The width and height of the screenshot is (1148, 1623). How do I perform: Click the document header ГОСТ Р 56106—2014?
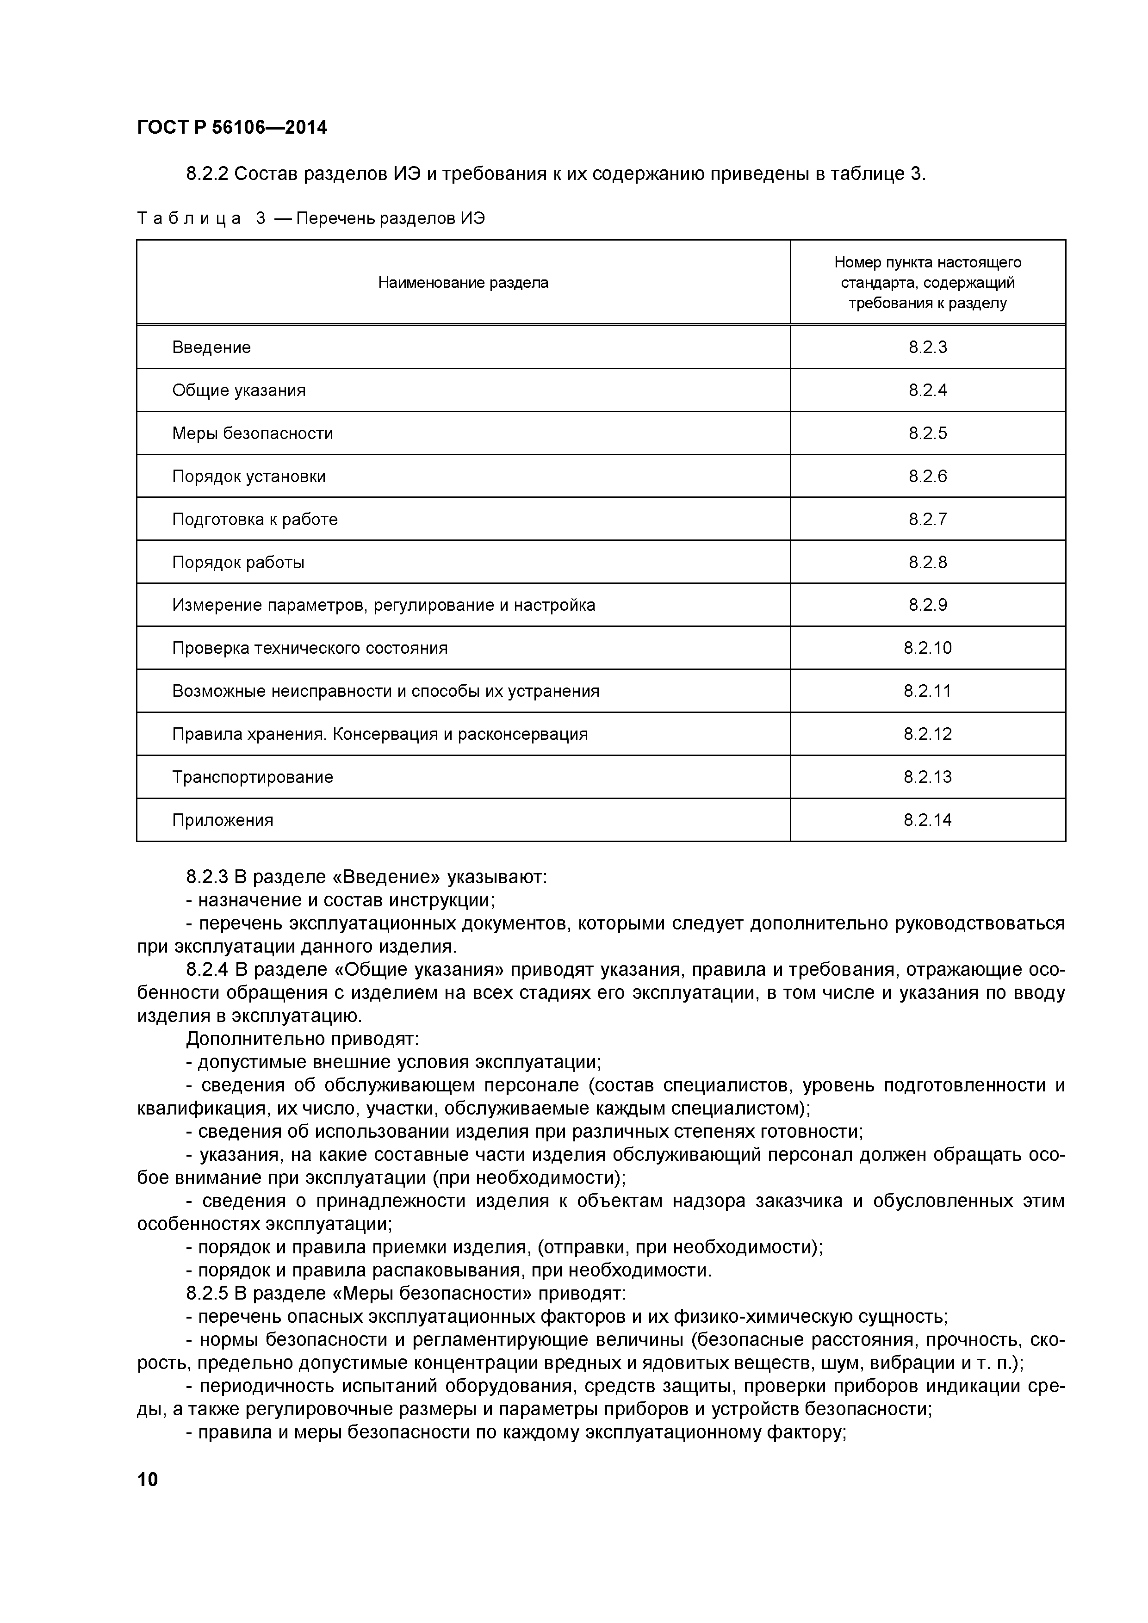click(x=232, y=128)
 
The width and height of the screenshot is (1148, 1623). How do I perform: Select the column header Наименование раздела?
click(x=463, y=283)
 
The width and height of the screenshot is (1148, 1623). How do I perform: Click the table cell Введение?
click(x=211, y=347)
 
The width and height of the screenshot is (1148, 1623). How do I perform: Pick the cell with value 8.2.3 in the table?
click(x=927, y=347)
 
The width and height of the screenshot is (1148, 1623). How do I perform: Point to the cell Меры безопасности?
click(x=252, y=434)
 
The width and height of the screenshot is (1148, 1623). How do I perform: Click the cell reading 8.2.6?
click(x=927, y=477)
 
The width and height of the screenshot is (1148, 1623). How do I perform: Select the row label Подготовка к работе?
click(x=254, y=520)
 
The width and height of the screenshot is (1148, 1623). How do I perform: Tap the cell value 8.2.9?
click(x=927, y=605)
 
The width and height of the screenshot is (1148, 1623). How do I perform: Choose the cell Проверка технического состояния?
click(x=310, y=648)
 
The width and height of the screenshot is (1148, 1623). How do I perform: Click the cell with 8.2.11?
click(x=927, y=691)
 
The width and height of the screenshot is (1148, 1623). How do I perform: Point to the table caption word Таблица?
click(x=189, y=219)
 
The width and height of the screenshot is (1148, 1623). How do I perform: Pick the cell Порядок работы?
click(x=238, y=563)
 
